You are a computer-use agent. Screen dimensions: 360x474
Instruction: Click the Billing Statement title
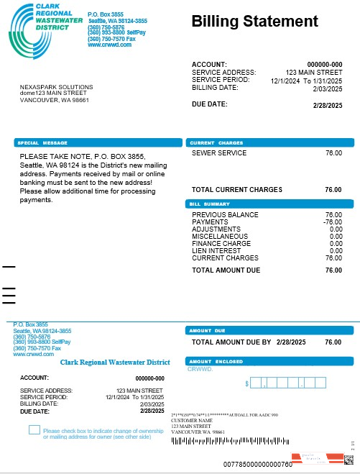(x=254, y=22)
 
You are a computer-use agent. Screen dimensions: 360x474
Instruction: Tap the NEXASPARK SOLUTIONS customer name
(x=56, y=87)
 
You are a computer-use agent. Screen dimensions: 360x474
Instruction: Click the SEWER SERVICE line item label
(x=219, y=153)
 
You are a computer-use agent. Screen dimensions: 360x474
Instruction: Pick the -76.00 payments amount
(x=332, y=222)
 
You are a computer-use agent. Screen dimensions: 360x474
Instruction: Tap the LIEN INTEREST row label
(x=217, y=250)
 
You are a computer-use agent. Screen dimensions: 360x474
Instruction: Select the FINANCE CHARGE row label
(x=220, y=243)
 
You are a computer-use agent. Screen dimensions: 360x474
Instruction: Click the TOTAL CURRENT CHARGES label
(x=237, y=190)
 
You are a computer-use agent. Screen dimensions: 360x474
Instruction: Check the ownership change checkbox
(x=34, y=430)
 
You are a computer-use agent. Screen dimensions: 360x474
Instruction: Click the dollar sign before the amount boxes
(x=248, y=384)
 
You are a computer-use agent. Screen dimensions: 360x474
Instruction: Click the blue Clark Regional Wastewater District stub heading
(x=115, y=363)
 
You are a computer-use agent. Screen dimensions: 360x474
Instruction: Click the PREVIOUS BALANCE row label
(x=225, y=215)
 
